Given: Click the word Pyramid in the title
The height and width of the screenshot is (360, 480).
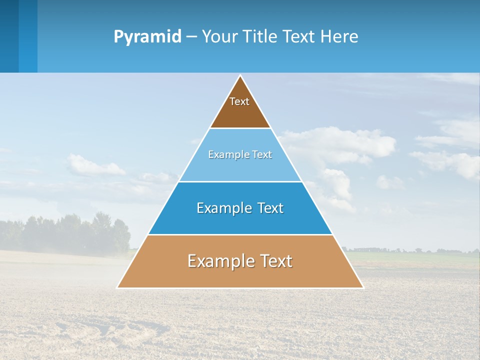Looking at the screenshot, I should click(x=147, y=37).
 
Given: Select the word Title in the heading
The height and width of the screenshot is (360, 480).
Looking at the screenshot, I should click(x=260, y=37).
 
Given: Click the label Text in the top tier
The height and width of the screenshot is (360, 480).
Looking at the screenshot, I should click(x=239, y=101).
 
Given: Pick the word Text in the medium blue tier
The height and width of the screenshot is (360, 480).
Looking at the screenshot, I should click(x=270, y=208).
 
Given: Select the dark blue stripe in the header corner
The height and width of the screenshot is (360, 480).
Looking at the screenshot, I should click(x=9, y=36).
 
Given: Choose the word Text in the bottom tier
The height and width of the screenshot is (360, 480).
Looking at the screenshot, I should click(x=276, y=261).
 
